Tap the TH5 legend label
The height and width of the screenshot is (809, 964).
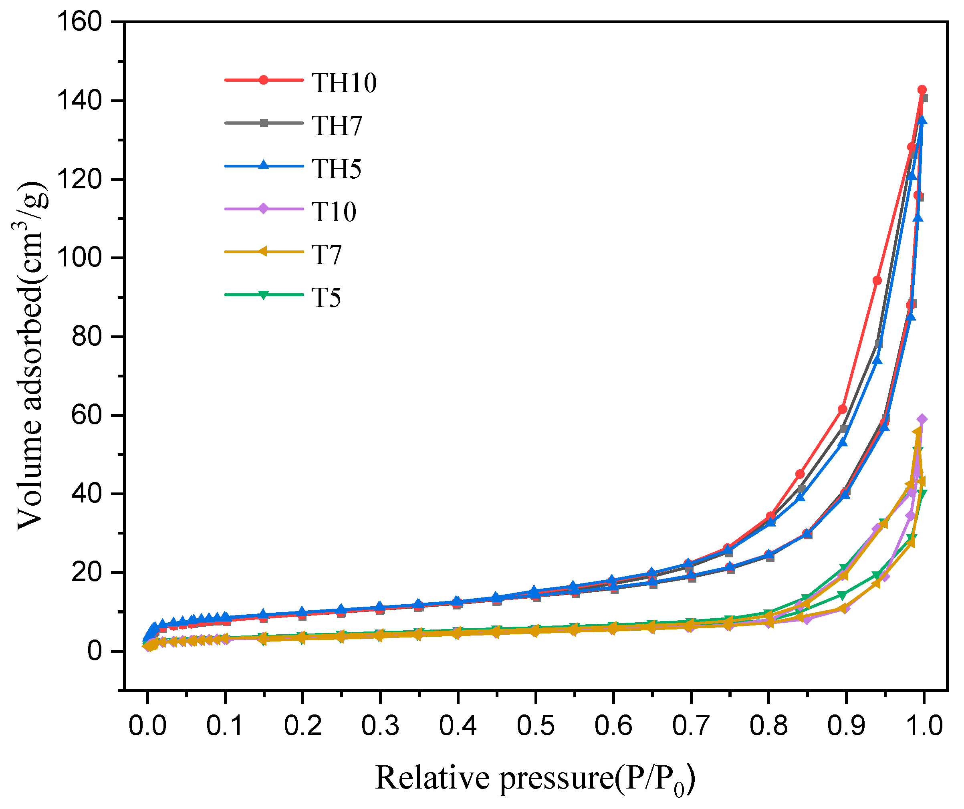tap(337, 169)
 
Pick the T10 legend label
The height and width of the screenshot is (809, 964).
tap(334, 212)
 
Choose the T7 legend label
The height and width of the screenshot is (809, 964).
tap(327, 254)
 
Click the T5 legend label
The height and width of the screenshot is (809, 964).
tap(326, 298)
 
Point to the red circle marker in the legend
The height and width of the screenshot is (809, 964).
tap(264, 80)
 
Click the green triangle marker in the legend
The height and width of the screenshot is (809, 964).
tap(264, 295)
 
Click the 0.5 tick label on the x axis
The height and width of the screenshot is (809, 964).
tap(535, 726)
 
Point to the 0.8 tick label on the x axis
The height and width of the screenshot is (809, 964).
tap(768, 726)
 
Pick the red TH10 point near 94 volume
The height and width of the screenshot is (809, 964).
tap(877, 280)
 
